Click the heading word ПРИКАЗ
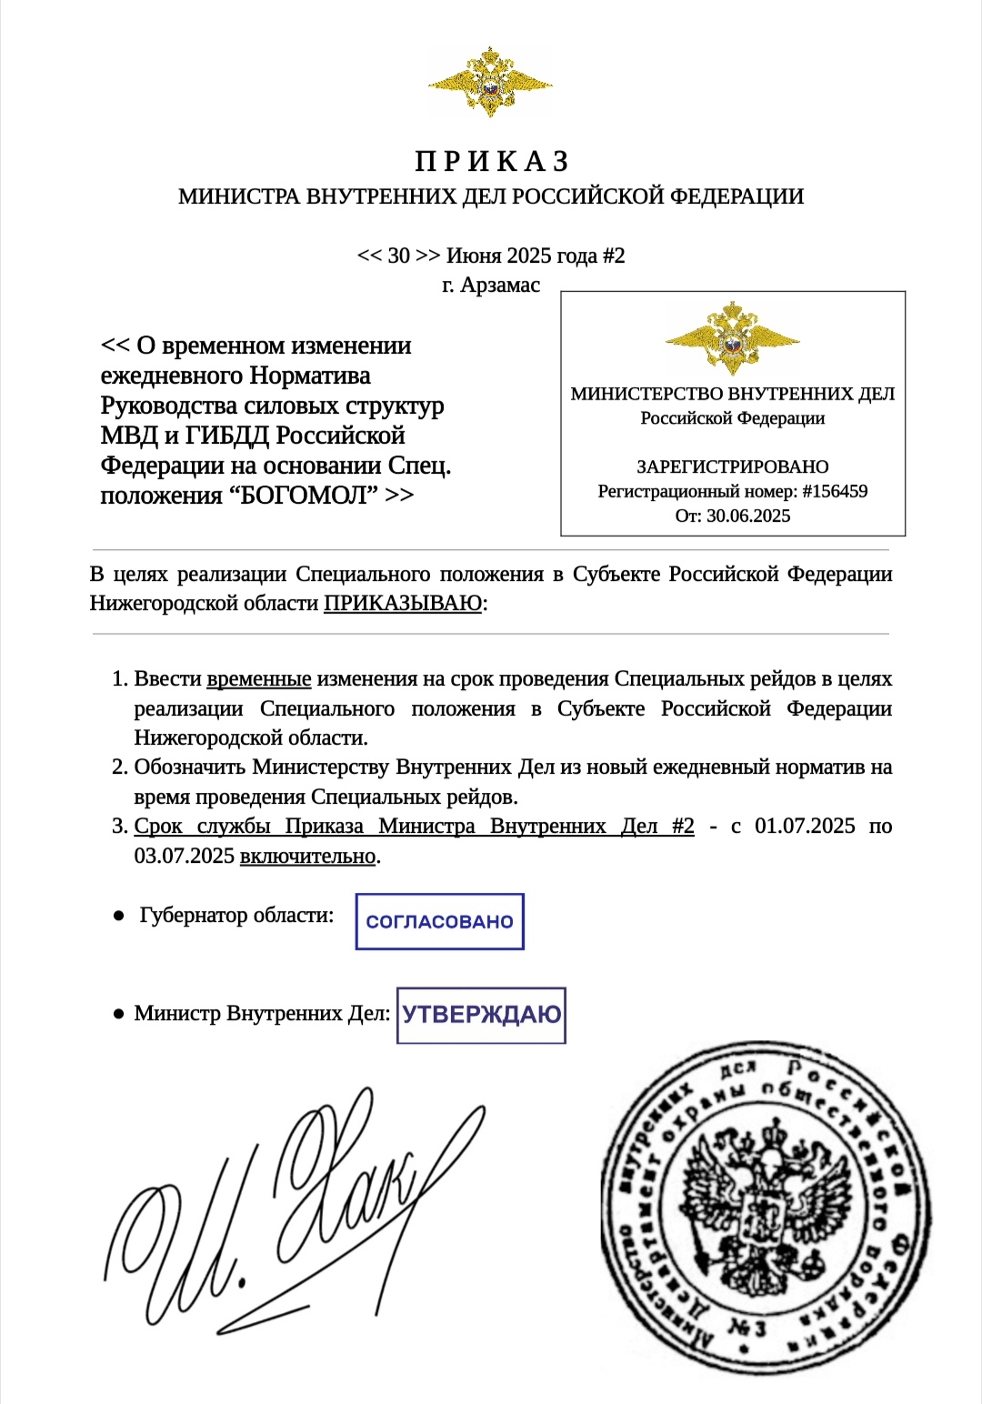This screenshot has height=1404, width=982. click(492, 162)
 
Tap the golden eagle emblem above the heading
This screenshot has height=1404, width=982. click(490, 83)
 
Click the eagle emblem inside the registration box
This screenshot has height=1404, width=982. click(732, 338)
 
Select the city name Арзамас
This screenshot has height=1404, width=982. click(500, 285)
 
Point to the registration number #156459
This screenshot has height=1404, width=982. click(835, 492)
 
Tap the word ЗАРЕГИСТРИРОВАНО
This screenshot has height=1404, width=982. click(732, 466)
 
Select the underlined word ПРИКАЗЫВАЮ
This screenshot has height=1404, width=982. click(403, 603)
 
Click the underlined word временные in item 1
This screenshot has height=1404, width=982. click(259, 679)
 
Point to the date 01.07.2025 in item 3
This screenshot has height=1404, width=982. click(805, 826)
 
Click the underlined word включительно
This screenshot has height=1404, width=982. click(307, 856)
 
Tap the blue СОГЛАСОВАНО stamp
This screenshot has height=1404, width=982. click(439, 922)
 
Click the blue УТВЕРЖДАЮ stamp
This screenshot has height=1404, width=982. click(481, 1015)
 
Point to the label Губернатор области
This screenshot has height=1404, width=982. click(236, 915)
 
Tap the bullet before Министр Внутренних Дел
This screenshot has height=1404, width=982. click(118, 1013)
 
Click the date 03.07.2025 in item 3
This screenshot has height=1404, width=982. click(185, 856)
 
